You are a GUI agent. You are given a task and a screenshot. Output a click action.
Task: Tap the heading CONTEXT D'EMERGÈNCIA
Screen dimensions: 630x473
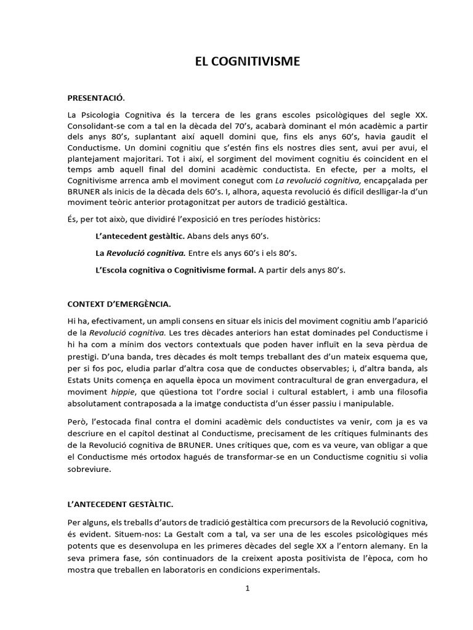119,304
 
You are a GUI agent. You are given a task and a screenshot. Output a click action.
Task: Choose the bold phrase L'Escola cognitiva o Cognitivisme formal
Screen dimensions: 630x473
176,269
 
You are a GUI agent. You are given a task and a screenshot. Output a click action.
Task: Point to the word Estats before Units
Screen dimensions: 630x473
81,381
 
